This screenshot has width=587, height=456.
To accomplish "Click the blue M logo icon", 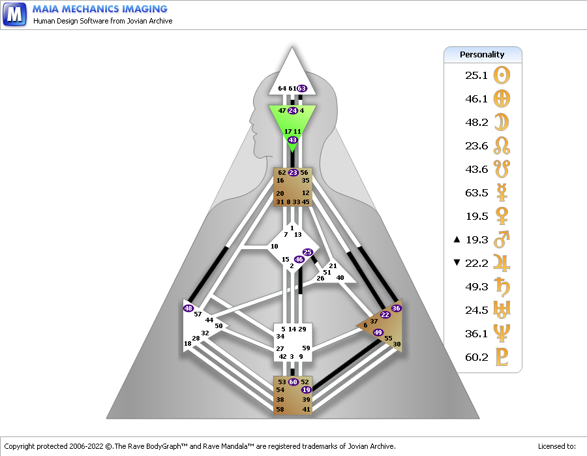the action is click(14, 14).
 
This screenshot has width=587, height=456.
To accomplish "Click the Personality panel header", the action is click(483, 55).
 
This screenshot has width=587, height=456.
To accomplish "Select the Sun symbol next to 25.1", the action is click(502, 75).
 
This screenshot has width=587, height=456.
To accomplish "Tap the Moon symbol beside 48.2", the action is click(502, 122).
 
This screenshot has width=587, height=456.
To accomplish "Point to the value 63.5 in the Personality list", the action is click(477, 193).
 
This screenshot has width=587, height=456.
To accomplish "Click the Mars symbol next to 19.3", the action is click(502, 239).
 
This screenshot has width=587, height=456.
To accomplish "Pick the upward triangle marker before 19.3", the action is click(457, 239).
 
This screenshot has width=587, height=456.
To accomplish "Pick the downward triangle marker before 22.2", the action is click(457, 262).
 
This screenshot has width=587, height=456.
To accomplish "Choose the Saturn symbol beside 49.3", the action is click(502, 286).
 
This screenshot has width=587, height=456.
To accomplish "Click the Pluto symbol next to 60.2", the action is click(502, 357).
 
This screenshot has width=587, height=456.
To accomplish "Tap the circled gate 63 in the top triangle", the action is click(302, 88).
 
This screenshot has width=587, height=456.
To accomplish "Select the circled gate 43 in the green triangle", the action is click(292, 140).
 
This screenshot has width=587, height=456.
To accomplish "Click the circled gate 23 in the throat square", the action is click(293, 173).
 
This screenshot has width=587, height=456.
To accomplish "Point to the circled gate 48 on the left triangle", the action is click(188, 308).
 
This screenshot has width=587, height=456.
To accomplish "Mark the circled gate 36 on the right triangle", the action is click(396, 308).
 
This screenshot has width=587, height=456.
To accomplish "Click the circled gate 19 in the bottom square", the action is click(307, 389).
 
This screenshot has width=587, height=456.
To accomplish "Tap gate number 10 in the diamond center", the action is click(275, 247).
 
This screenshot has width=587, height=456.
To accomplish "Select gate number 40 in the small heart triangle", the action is click(340, 277).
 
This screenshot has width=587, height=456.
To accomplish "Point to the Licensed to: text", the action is click(557, 446).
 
